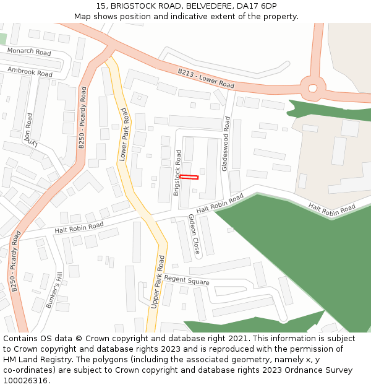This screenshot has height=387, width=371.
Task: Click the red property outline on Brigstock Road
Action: coord(189,177)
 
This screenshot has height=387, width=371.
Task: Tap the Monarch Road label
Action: coord(30,52)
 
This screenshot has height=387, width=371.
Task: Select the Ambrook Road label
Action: coord(30,72)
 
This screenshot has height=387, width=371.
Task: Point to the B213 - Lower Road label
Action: coord(206,79)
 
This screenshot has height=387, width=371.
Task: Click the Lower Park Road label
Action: coord(123,134)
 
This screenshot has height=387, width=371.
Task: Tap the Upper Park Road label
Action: coord(158,282)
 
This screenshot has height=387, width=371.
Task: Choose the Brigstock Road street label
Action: coord(178,173)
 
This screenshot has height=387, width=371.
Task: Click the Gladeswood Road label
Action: coord(226,144)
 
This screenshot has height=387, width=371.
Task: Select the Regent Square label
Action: coord(187,280)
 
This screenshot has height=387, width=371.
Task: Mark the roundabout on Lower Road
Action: coord(313,87)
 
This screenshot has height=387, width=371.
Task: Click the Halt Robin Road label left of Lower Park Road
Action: coord(79,228)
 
